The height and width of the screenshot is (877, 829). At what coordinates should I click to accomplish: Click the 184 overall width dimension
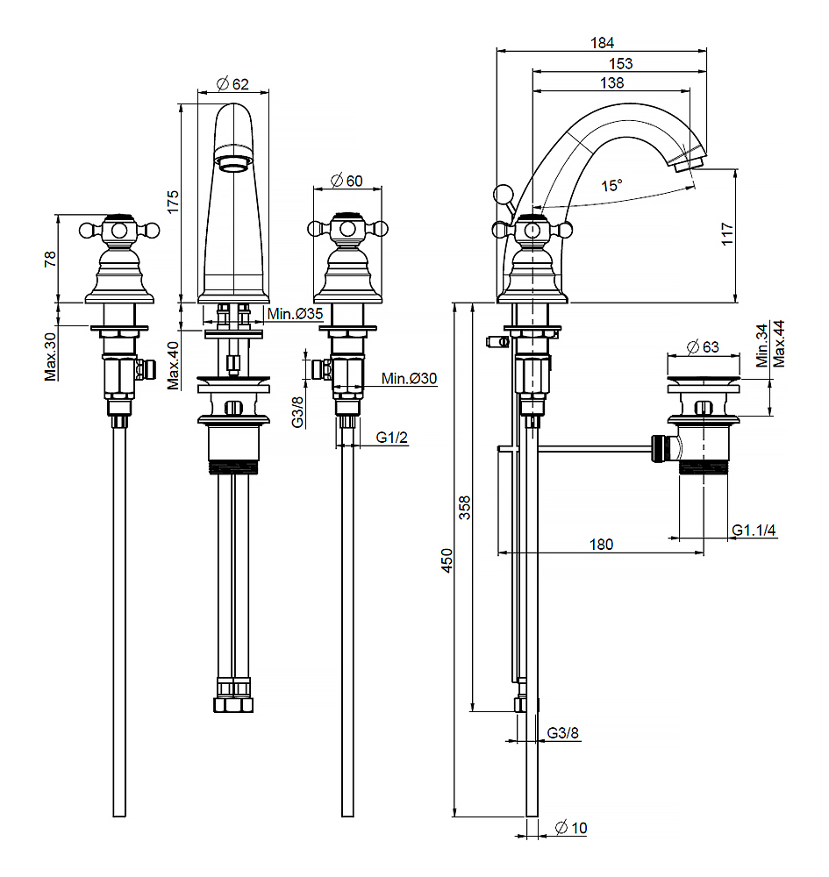(x=602, y=42)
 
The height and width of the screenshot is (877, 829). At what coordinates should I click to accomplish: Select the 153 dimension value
(x=619, y=63)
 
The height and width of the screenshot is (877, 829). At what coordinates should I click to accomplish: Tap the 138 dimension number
(x=612, y=82)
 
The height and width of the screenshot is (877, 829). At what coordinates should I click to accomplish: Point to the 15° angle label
(x=611, y=185)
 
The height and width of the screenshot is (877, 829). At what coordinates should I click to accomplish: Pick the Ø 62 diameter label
(x=232, y=84)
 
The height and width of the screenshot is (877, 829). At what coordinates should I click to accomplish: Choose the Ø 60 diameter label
(x=347, y=181)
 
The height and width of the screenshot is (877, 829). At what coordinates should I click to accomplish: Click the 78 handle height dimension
(x=50, y=259)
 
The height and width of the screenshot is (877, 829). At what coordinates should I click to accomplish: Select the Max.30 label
(x=50, y=355)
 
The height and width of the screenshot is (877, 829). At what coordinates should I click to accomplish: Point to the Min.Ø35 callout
(x=295, y=315)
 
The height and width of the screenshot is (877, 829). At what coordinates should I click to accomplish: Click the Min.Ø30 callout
(x=409, y=378)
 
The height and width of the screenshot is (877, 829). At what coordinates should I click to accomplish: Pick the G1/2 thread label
(x=392, y=438)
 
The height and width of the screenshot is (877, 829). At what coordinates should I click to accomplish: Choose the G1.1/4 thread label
(x=755, y=530)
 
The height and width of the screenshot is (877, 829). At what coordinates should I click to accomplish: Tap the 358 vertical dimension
(x=465, y=508)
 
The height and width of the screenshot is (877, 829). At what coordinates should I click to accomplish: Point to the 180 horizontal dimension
(x=600, y=544)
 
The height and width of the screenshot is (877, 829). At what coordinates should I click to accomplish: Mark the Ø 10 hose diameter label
(x=571, y=827)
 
